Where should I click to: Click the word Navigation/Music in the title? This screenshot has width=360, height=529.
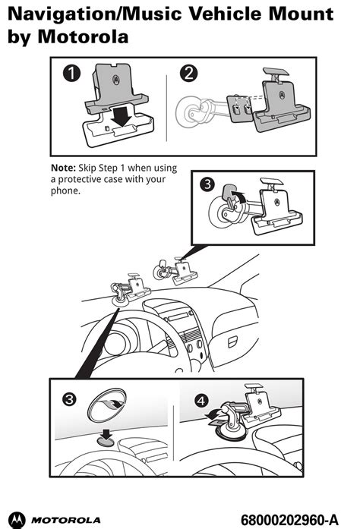point(95,14)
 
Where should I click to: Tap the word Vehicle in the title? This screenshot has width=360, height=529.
point(226,14)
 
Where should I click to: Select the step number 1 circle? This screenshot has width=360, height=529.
point(72,73)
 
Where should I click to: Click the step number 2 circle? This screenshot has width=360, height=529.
point(189,73)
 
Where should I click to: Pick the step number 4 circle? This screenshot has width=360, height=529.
point(201,401)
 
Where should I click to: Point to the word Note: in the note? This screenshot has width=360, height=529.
point(63,168)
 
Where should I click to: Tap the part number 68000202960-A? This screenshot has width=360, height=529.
point(289,520)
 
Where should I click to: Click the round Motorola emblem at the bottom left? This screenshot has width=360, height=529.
point(17,520)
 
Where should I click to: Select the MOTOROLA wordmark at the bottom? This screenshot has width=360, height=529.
point(66,520)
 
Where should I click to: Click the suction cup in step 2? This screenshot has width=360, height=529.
point(189,111)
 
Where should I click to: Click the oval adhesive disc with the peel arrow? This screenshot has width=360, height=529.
point(107,405)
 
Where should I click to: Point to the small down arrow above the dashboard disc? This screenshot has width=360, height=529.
point(107,435)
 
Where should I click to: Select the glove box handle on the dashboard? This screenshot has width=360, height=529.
point(232,342)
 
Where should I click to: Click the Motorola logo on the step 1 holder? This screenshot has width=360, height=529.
point(115,80)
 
